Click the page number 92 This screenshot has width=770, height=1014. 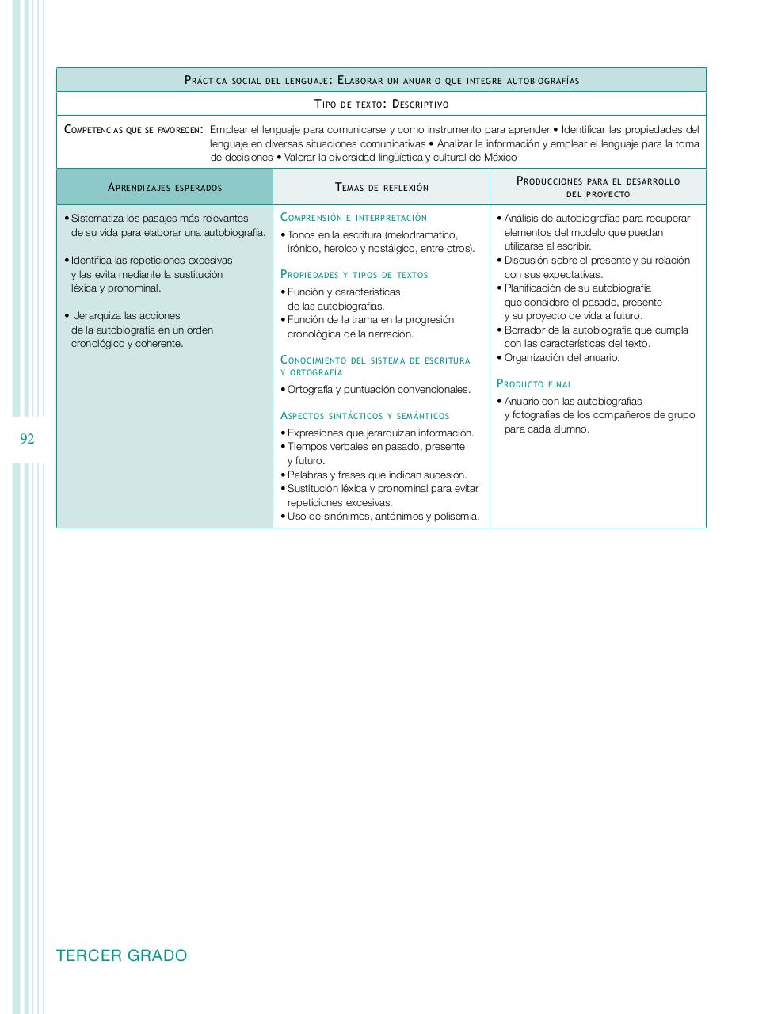27,439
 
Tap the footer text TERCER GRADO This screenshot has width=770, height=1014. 122,955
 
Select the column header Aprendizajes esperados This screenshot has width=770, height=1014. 165,188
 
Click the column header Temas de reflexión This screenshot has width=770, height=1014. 382,188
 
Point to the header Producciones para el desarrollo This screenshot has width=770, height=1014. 598,181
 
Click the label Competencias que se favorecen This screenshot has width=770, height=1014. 133,129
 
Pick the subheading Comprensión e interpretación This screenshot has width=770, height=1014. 353,218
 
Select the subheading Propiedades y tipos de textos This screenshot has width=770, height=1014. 354,275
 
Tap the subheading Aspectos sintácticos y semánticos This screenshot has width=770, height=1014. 364,416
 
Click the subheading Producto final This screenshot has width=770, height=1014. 534,384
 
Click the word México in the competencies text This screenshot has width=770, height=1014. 500,158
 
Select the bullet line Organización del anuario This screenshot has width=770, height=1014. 562,358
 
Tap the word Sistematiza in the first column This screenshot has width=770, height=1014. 97,219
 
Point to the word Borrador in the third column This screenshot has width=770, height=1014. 524,330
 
